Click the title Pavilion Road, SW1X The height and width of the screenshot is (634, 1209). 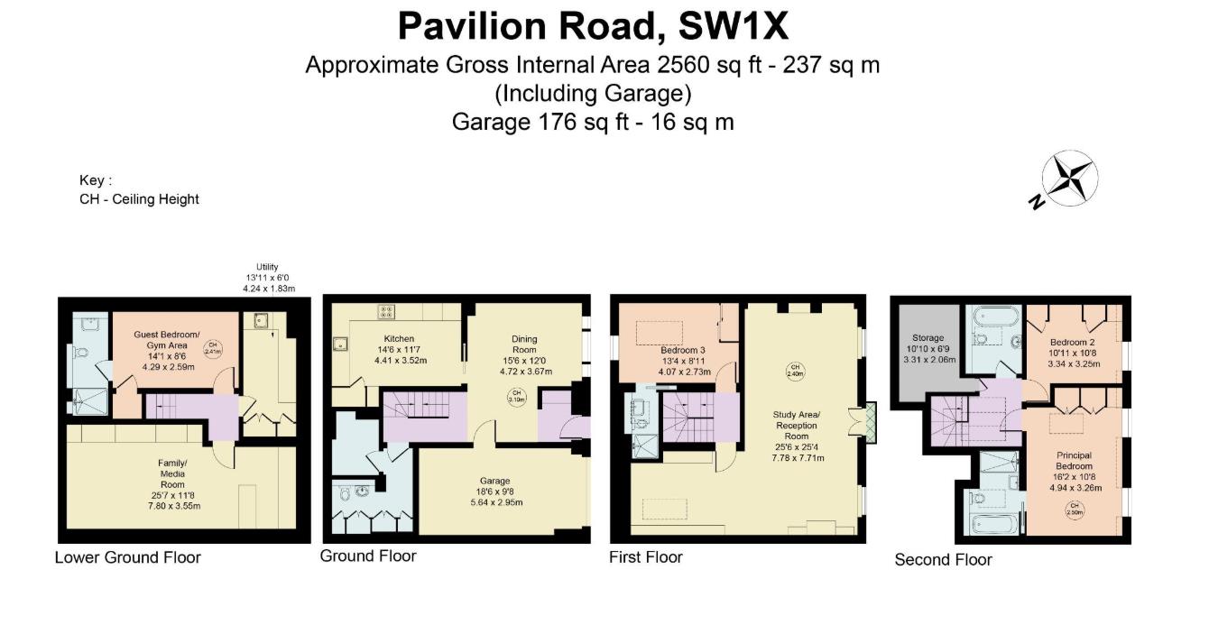point(593,27)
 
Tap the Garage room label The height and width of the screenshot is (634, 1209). point(494,481)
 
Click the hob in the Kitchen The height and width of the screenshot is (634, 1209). point(387,312)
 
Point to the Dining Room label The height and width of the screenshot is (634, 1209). point(524,345)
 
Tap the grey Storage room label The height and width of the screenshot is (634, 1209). point(928,338)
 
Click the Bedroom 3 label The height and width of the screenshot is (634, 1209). point(682,350)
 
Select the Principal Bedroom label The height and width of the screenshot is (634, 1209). point(1074,461)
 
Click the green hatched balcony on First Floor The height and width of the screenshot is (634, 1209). point(871,421)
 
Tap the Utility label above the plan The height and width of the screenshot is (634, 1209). point(267,267)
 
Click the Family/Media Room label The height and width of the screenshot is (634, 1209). point(171,473)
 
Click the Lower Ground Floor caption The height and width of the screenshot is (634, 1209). point(127,557)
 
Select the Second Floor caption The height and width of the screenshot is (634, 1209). point(943,559)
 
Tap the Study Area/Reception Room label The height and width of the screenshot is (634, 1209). point(796,425)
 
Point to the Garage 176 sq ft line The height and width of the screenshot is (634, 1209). point(593,122)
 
